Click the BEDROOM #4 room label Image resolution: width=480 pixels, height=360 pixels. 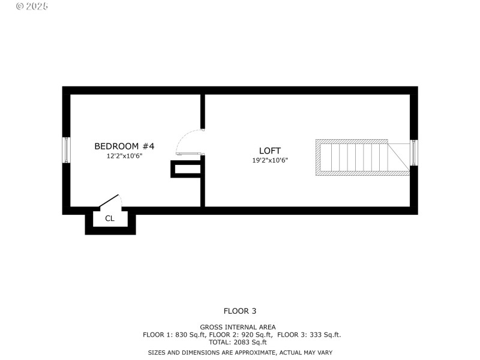[124, 146]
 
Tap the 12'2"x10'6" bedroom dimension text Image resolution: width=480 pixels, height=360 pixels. [124, 156]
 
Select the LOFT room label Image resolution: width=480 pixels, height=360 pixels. [270, 151]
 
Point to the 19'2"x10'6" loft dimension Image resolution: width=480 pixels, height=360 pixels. [270, 160]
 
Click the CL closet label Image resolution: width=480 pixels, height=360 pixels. [110, 218]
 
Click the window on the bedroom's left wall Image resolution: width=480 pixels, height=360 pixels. [67, 150]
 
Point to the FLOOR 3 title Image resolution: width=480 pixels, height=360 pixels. [240, 311]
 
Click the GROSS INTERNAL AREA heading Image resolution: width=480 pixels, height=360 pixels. [240, 327]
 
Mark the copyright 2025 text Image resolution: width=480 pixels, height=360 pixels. [32, 6]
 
